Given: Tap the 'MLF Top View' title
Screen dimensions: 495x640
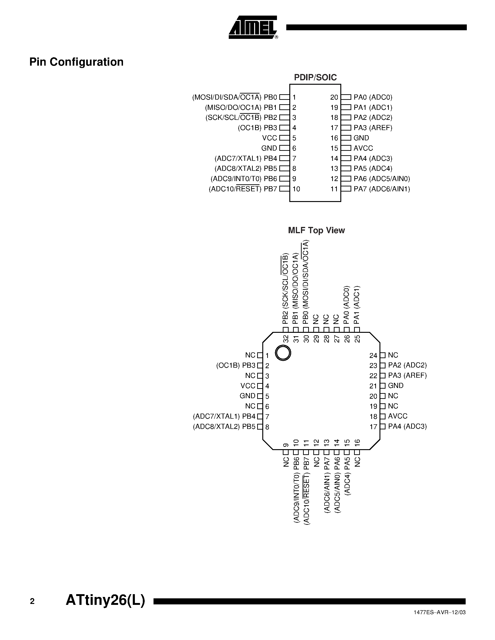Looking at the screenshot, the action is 316,230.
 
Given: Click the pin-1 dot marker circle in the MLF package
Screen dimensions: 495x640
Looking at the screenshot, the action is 283,353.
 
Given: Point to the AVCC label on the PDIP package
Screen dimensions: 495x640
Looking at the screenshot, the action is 363,148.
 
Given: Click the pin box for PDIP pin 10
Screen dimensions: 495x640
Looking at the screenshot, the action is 284,189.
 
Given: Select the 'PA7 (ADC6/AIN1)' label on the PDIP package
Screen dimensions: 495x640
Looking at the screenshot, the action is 382,189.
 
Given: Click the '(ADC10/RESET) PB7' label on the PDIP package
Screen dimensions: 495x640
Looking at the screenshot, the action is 243,189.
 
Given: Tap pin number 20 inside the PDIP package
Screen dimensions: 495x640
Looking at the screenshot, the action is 334,97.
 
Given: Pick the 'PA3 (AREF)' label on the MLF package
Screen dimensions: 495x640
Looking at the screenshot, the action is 407,375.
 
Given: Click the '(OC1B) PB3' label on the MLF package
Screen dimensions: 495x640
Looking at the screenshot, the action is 236,365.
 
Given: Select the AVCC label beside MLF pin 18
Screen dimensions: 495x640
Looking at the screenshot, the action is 398,416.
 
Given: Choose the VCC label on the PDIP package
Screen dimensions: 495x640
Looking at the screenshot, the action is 270,138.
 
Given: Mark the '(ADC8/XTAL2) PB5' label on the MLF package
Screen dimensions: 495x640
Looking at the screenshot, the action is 224,427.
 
